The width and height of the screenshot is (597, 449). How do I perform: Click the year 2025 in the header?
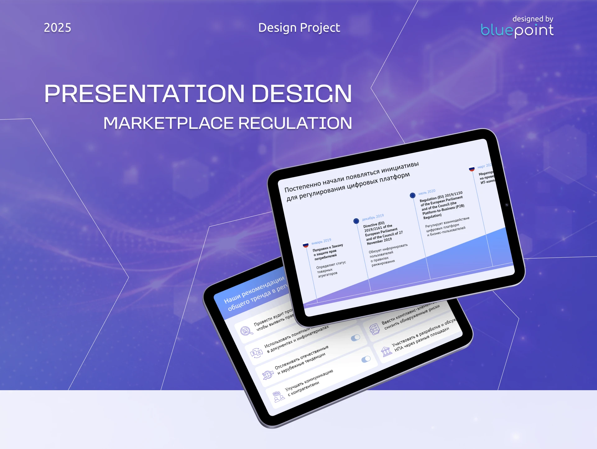[58, 28]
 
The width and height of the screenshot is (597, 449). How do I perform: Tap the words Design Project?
[299, 28]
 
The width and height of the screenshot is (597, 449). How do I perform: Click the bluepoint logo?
[517, 30]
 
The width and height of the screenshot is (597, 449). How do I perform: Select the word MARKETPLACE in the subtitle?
[168, 123]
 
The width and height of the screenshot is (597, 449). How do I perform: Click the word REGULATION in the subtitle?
[295, 123]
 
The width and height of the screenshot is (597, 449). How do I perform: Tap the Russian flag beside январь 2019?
[306, 245]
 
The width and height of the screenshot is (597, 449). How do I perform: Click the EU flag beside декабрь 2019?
[356, 221]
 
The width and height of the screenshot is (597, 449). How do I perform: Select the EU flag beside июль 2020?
[413, 195]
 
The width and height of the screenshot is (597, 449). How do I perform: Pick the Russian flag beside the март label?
[472, 169]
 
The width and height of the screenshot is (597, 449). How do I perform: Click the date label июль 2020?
[427, 192]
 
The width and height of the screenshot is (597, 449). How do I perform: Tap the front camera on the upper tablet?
[507, 205]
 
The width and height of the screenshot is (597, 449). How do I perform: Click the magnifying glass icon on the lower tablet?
[246, 331]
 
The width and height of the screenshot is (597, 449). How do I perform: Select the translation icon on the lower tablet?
[257, 353]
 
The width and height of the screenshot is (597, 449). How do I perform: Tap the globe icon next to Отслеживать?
[267, 375]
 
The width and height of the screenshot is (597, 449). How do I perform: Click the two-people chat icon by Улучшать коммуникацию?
[278, 397]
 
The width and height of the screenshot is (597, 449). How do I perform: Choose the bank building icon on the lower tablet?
[386, 352]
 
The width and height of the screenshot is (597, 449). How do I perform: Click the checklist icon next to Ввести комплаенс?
[374, 329]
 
